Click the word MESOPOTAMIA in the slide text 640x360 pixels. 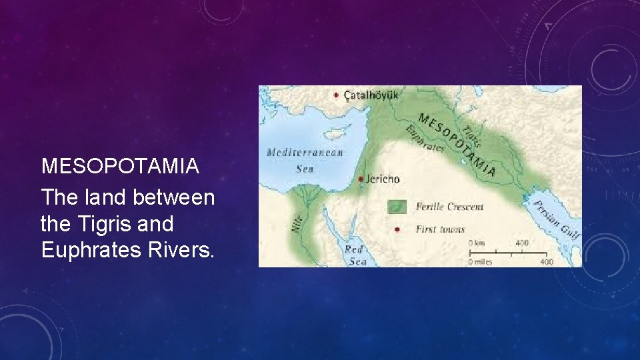(120, 166)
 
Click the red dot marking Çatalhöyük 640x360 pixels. (336, 95)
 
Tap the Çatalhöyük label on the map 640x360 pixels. (371, 95)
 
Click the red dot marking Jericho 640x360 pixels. (361, 179)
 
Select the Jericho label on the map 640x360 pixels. (383, 179)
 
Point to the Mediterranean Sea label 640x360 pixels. (305, 160)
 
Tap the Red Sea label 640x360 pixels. (354, 255)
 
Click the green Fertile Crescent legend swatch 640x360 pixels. (397, 207)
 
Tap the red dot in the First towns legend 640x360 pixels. (397, 229)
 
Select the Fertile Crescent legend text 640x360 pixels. (449, 207)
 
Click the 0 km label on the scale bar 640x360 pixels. (475, 243)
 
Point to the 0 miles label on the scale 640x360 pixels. (479, 262)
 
